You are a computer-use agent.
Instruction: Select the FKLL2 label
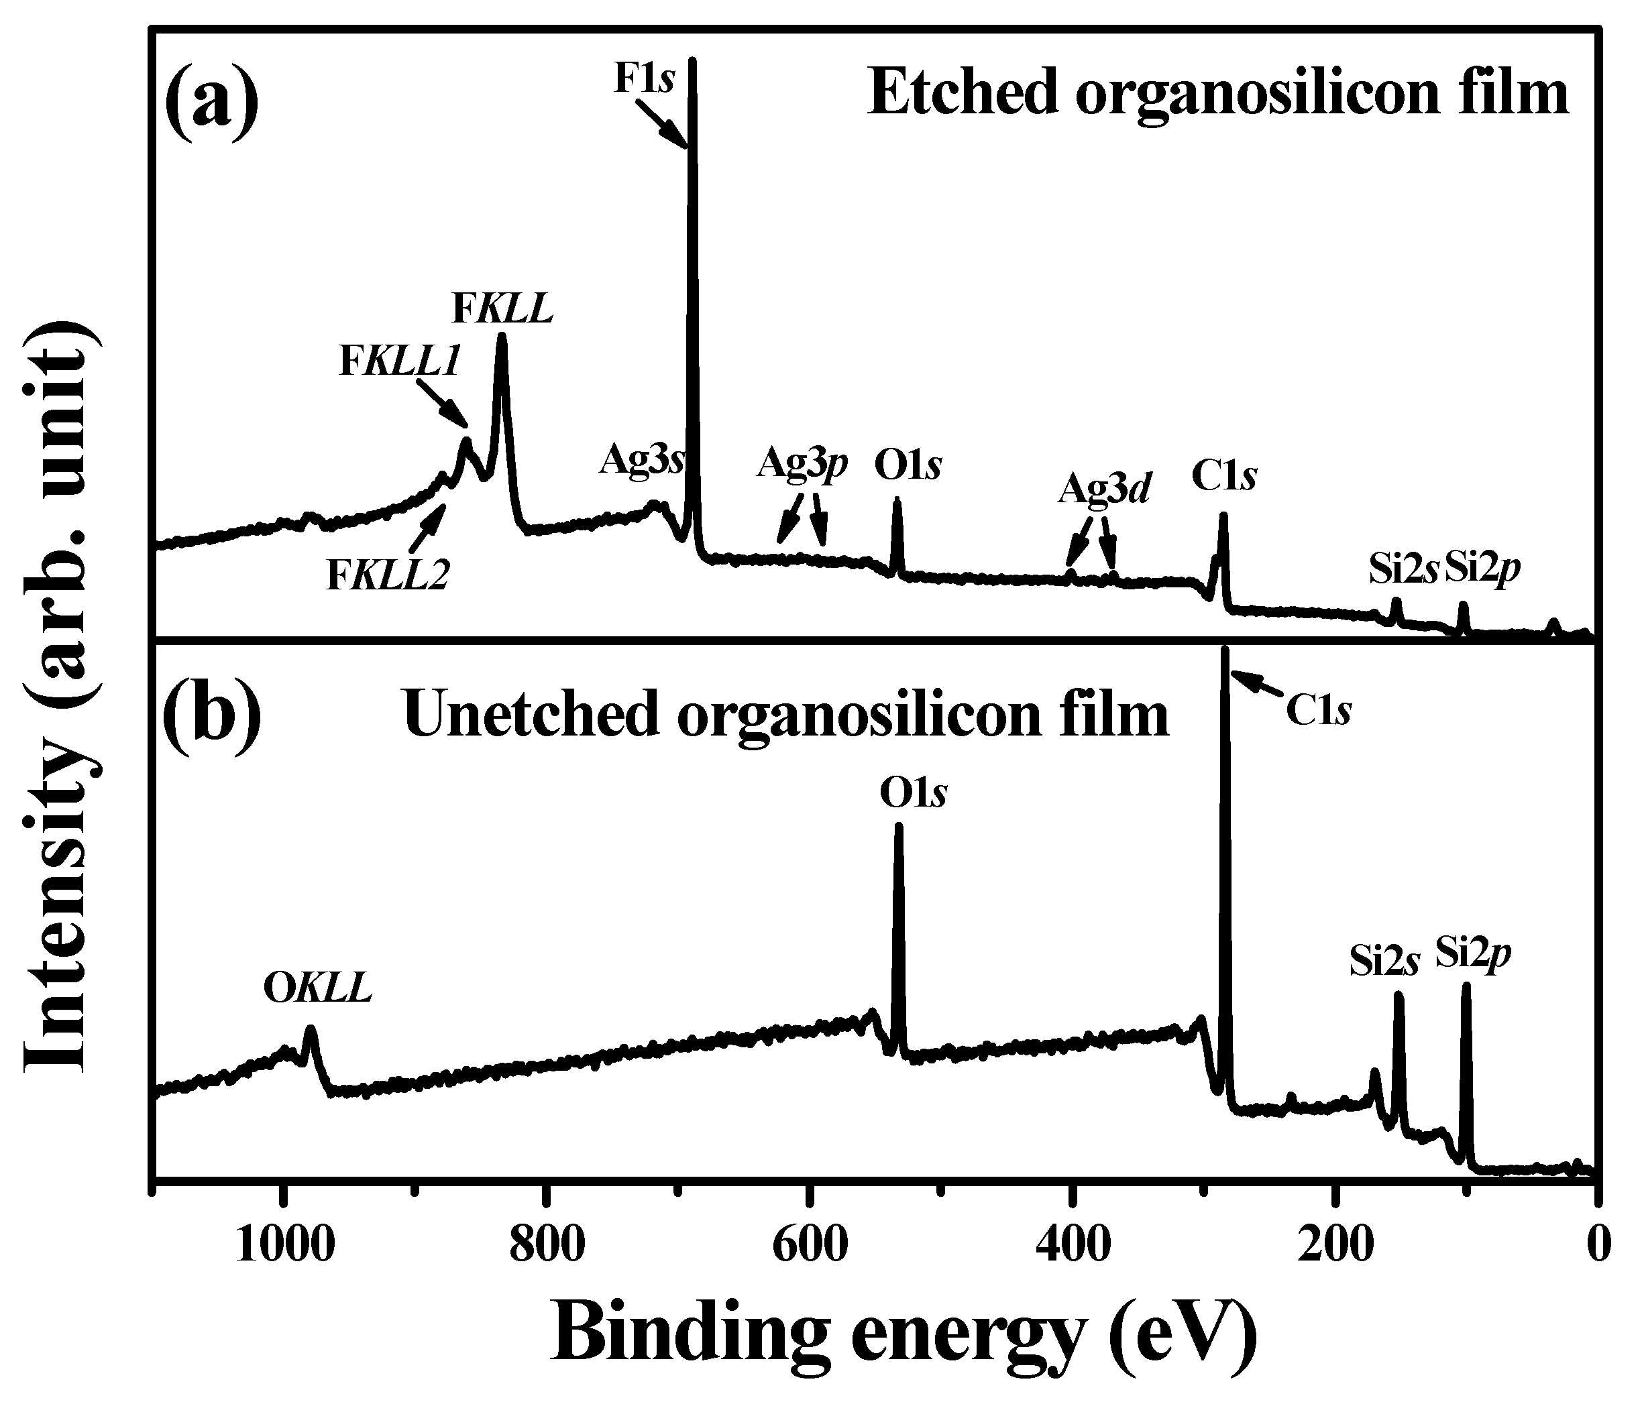coord(388,576)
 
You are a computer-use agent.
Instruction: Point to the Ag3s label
coord(642,459)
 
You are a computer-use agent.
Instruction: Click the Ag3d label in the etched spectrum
coord(1104,491)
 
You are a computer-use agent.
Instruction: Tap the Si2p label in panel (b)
coord(1473,953)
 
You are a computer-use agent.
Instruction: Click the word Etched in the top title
coord(963,93)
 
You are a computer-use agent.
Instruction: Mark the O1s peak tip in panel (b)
coord(898,827)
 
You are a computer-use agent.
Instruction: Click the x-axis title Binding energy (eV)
coord(904,1333)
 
